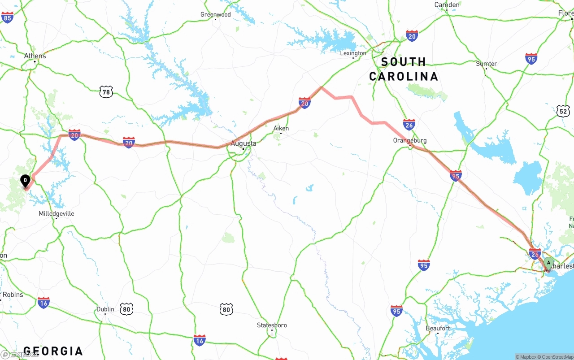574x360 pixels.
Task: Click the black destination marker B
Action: [x=26, y=181]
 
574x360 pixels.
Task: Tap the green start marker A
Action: [x=548, y=264]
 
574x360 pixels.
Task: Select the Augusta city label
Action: [x=244, y=143]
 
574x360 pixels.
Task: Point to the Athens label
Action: [x=35, y=56]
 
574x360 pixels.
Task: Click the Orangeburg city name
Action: [x=409, y=140]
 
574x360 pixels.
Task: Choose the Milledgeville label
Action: [x=57, y=213]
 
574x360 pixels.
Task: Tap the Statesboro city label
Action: [x=272, y=325]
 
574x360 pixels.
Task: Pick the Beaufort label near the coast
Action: [x=438, y=328]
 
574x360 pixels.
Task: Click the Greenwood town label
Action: [x=216, y=14]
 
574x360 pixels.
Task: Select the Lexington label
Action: [x=353, y=53]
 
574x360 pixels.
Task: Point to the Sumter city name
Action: [x=486, y=64]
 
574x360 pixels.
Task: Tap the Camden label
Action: [x=447, y=5]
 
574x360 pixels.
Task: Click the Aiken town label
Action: [x=281, y=128]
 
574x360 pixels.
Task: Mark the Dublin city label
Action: [x=105, y=309]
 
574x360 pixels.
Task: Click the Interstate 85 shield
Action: [x=7, y=17]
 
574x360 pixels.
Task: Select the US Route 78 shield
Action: [x=106, y=92]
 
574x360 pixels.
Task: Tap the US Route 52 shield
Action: [x=563, y=110]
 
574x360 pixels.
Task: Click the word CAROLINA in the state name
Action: [x=404, y=76]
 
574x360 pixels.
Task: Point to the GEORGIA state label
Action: [x=53, y=351]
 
